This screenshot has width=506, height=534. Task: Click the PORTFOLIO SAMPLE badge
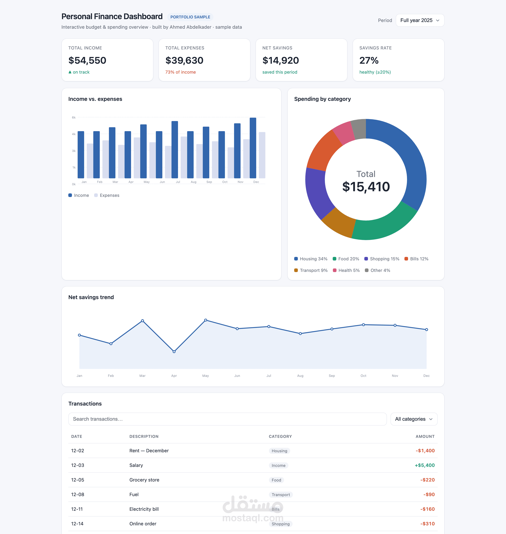pyautogui.click(x=190, y=17)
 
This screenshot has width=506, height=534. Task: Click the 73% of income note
pyautogui.click(x=181, y=72)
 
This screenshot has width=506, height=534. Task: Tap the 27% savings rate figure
pyautogui.click(x=369, y=60)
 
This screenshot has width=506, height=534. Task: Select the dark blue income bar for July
pyautogui.click(x=175, y=150)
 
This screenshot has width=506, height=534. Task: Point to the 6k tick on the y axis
pyautogui.click(x=74, y=117)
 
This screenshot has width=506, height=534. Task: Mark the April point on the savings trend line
pyautogui.click(x=174, y=352)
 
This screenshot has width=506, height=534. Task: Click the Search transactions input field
pyautogui.click(x=227, y=419)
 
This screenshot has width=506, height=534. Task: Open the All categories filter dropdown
pyautogui.click(x=414, y=419)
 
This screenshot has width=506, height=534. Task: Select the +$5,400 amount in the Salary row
pyautogui.click(x=424, y=465)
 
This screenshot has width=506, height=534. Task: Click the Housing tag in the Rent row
pyautogui.click(x=279, y=451)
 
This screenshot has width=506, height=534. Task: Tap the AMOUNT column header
pyautogui.click(x=425, y=437)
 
